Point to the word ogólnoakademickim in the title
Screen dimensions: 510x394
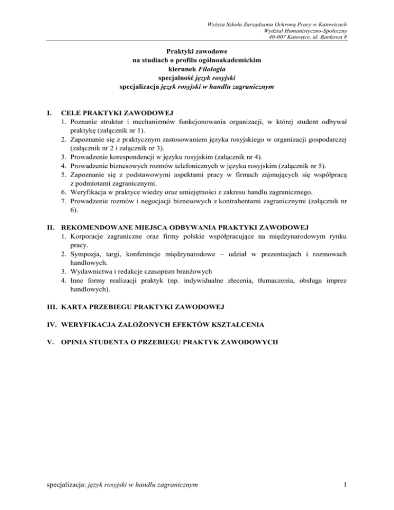pos(232,60)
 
